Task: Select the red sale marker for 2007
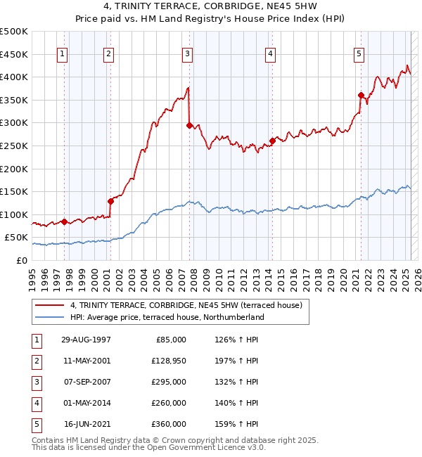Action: (189, 125)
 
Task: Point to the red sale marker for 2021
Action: (361, 95)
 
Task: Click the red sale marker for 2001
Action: (110, 201)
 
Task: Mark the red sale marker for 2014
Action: (272, 141)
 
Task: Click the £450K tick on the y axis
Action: (14, 54)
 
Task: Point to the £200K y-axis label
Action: (14, 169)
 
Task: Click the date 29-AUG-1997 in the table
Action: (86, 340)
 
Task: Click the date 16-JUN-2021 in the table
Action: (86, 424)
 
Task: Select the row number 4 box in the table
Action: (35, 403)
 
